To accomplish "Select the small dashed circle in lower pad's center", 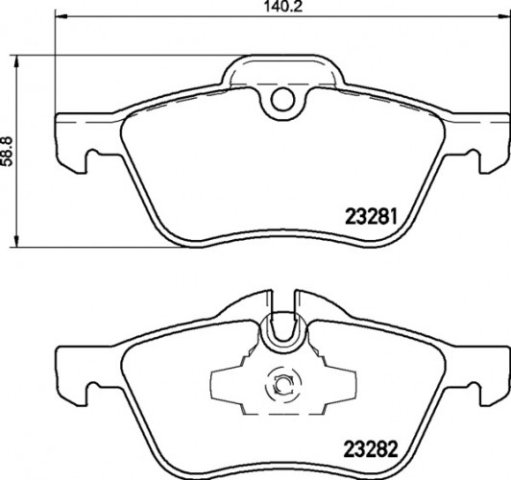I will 282,386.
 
